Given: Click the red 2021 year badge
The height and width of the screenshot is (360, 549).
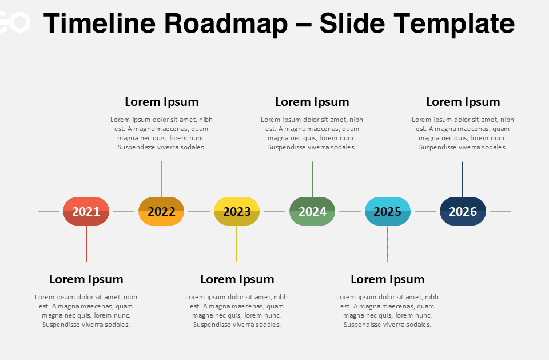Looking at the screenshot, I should (x=86, y=211).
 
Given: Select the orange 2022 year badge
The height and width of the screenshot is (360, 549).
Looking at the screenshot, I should (x=161, y=211).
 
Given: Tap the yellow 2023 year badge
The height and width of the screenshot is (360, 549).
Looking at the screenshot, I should (x=237, y=211).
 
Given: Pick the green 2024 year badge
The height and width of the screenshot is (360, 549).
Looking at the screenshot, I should (x=312, y=211).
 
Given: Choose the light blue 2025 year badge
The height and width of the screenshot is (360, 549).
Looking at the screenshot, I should (x=388, y=211).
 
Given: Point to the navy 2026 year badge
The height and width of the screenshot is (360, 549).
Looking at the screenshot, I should (x=463, y=211).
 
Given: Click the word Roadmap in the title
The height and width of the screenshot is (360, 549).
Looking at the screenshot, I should (x=226, y=23).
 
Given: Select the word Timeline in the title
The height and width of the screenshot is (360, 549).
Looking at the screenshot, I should (x=100, y=23).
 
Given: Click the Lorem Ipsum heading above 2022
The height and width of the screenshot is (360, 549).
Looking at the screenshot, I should (x=162, y=102).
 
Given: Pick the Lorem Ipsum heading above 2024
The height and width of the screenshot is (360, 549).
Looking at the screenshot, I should (x=312, y=102).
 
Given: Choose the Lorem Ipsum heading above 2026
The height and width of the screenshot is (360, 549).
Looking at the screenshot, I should (x=463, y=102).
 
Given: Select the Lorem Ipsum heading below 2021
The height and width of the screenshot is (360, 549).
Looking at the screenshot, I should (x=86, y=279).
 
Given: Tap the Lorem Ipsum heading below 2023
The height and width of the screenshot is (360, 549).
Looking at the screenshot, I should (x=237, y=279).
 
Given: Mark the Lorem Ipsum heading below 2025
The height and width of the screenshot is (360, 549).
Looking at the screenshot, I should (x=388, y=279).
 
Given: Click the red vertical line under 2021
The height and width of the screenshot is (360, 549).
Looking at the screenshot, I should (x=86, y=243).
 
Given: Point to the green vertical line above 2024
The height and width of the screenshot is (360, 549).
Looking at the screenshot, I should (x=312, y=179).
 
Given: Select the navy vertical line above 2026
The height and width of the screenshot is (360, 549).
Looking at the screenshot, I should (x=463, y=179).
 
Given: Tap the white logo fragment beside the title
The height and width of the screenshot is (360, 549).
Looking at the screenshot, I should (x=14, y=23).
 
